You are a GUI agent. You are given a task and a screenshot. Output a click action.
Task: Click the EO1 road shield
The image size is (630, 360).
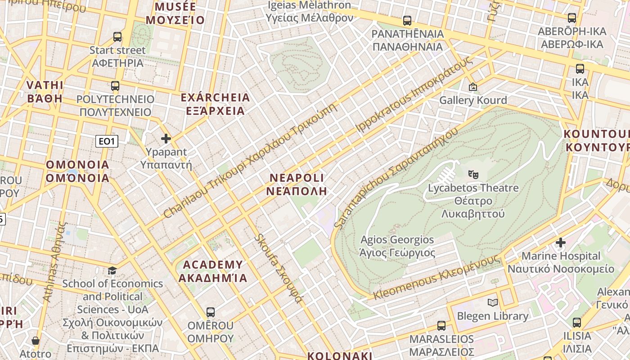[x=107, y=141]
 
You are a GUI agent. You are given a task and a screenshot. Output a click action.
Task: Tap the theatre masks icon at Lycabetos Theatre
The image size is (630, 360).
[x=472, y=174]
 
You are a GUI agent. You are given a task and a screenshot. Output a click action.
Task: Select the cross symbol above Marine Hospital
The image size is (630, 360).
[x=560, y=243]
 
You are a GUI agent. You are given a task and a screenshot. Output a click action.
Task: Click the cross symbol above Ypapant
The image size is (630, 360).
[x=166, y=139]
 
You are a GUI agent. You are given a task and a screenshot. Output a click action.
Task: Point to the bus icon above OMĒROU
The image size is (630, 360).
[x=210, y=312]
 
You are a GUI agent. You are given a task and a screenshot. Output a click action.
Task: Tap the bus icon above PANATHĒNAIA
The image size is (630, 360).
[x=407, y=21]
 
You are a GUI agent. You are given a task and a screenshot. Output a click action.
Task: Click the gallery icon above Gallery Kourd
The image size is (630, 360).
[x=472, y=87]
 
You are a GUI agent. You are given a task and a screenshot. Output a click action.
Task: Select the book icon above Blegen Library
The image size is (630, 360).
[x=493, y=302]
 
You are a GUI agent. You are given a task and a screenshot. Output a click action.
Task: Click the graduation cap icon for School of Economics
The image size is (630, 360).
[x=112, y=270]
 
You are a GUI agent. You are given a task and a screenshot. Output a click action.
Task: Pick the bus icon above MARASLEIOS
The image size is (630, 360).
[x=441, y=325]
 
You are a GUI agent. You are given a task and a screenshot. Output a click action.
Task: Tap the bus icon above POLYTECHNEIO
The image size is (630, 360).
[x=115, y=85]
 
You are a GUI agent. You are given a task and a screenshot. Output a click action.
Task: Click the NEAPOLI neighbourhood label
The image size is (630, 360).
[x=297, y=184]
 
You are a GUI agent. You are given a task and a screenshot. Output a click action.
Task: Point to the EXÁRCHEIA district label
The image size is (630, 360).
[x=215, y=104]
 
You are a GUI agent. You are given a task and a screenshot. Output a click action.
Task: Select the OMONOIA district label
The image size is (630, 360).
[x=77, y=171]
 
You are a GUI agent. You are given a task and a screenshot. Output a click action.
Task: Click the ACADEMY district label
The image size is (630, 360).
[x=212, y=271]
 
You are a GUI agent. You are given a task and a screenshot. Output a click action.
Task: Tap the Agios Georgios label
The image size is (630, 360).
[x=397, y=246]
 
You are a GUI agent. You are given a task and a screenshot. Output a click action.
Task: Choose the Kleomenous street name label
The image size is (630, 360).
[x=436, y=277]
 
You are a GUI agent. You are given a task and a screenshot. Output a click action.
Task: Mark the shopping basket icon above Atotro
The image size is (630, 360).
[x=36, y=341]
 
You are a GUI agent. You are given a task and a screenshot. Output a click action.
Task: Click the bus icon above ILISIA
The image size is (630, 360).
[x=577, y=322]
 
